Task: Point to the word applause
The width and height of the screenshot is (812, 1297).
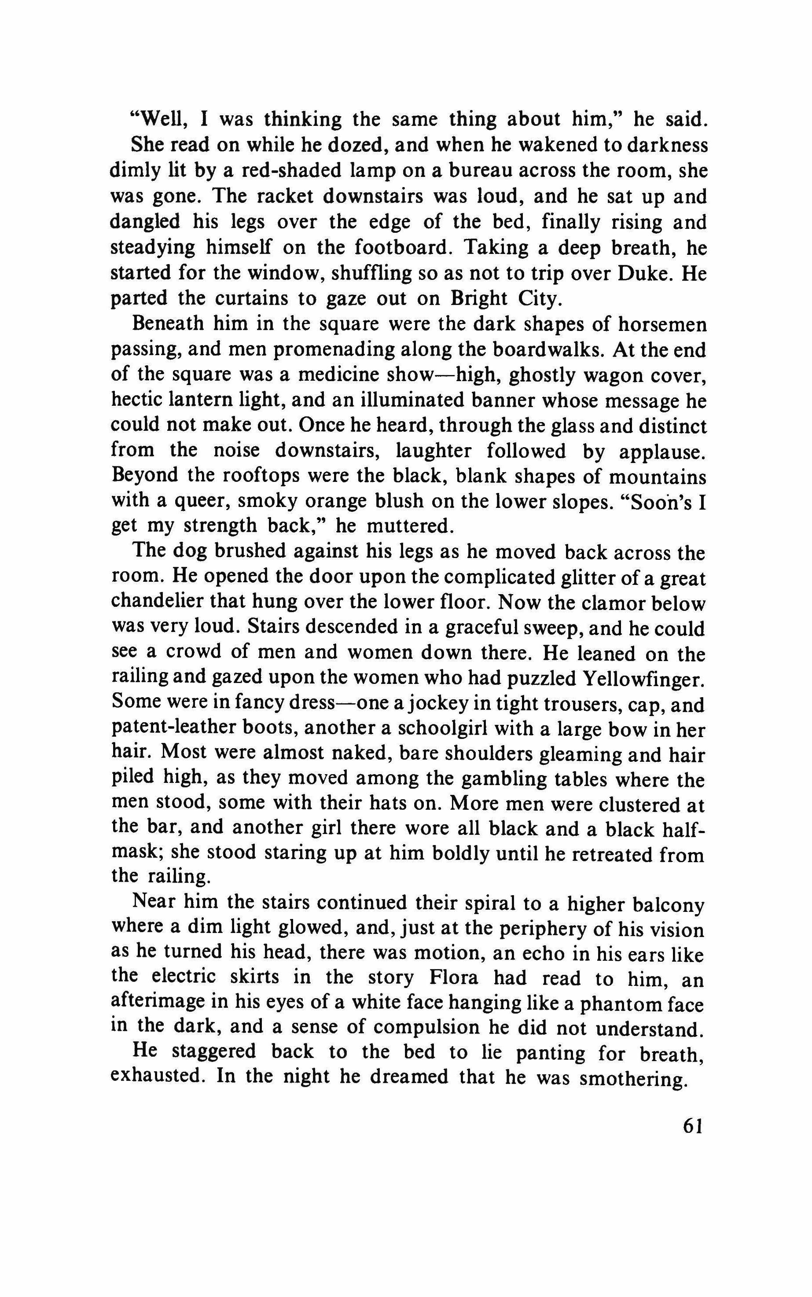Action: click(x=661, y=452)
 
